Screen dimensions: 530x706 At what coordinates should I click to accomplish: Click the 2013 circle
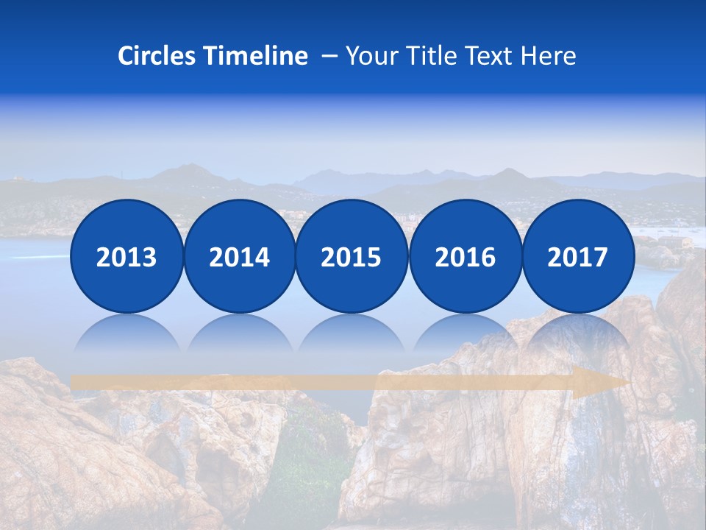126,256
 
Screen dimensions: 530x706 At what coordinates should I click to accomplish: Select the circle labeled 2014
240,256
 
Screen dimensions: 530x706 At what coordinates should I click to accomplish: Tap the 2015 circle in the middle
352,256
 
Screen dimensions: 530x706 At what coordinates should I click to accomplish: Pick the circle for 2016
466,256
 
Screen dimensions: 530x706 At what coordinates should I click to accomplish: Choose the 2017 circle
578,256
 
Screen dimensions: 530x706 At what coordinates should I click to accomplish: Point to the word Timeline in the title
257,56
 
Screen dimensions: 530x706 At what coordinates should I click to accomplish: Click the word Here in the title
548,56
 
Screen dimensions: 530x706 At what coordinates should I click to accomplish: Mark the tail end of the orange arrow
75,382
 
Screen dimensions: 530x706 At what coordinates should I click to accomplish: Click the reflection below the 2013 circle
126,335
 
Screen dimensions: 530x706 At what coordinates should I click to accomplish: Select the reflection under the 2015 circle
352,335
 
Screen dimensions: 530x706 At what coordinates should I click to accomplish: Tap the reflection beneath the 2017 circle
578,335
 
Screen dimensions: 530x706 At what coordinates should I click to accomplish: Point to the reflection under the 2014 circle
240,335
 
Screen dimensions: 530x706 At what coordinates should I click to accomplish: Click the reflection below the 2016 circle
466,335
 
